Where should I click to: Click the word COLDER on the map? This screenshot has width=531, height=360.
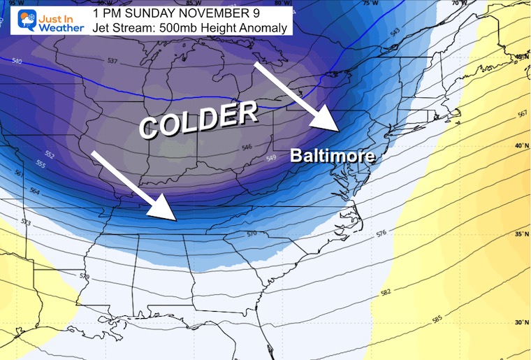(198, 118)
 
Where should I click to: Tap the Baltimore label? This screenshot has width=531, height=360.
(332, 156)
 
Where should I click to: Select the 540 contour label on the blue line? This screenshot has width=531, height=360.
(17, 62)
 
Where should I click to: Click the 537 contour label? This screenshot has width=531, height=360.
(112, 61)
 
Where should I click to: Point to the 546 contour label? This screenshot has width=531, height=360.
(247, 147)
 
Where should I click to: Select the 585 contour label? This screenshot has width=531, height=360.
(437, 320)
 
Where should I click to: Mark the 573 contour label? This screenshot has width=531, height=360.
(26, 223)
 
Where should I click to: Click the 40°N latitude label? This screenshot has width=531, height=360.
(521, 146)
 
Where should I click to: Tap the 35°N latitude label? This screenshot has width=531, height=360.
(521, 236)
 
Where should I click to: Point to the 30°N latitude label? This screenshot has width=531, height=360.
(521, 322)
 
